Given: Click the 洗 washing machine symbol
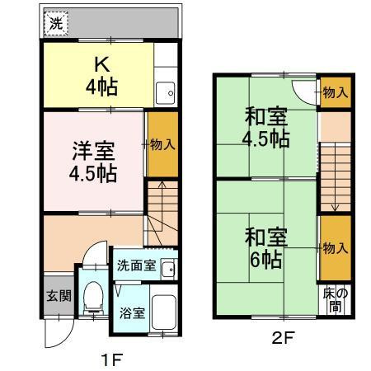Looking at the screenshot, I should click(55, 24).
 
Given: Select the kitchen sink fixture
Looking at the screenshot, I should click(164, 93).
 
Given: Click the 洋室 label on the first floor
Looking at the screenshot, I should click(92, 152).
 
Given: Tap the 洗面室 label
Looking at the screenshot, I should click(136, 265).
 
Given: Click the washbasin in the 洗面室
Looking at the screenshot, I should click(168, 268).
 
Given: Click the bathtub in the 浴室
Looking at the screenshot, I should click(165, 311).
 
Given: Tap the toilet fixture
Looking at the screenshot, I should click(93, 297).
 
